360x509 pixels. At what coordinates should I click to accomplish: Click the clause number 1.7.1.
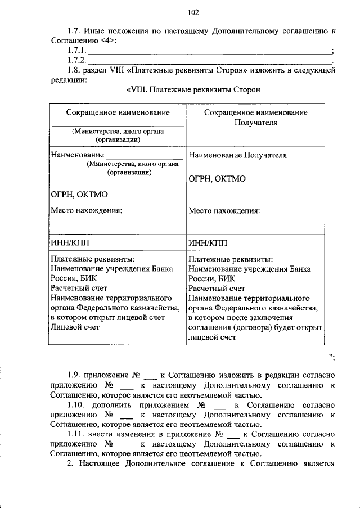point(76,51)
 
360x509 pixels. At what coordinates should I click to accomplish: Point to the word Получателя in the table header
point(255,122)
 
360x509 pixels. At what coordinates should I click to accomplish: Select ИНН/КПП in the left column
point(70,242)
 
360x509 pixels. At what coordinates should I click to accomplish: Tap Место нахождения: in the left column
point(85,211)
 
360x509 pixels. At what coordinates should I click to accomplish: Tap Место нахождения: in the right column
point(224,211)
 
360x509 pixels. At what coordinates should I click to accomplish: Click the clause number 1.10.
point(77,405)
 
